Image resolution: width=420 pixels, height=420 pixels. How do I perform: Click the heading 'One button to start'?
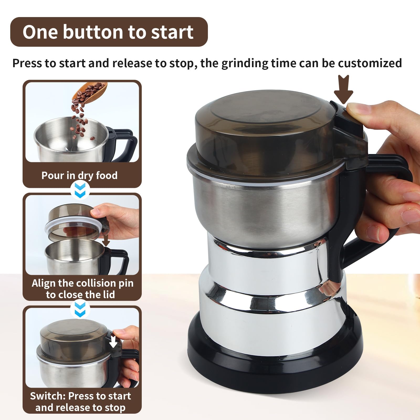pyautogui.click(x=108, y=32)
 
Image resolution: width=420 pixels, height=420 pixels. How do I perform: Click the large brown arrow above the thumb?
pyautogui.click(x=343, y=89)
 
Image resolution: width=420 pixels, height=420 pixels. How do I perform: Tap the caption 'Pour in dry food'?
pyautogui.click(x=79, y=175)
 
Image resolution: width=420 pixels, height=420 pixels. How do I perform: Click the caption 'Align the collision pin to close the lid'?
pyautogui.click(x=82, y=289)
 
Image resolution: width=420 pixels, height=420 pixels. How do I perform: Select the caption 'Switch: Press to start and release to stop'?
pyautogui.click(x=80, y=402)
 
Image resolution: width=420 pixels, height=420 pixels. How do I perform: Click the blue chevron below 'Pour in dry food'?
pyautogui.click(x=80, y=190)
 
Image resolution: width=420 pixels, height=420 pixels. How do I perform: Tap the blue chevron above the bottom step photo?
pyautogui.click(x=80, y=309)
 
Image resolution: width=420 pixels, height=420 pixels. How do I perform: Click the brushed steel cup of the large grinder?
pyautogui.click(x=265, y=210)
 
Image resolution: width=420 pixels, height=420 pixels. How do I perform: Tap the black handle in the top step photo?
pyautogui.click(x=123, y=143)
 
